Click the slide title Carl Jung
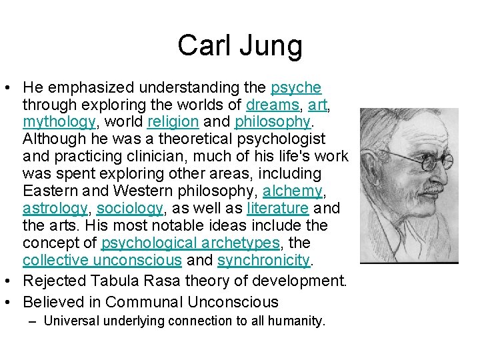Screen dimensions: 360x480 240,46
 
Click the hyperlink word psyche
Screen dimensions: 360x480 296,87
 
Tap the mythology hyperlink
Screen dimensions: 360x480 59,122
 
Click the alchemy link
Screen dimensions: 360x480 293,191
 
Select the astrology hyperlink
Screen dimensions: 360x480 55,209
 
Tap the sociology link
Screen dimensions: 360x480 130,209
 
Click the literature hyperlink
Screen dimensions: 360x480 277,209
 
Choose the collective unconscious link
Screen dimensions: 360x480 102,261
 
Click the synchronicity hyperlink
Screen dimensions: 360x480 264,261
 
